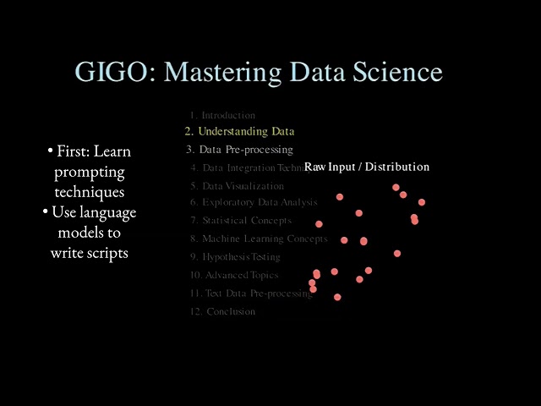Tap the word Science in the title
396,71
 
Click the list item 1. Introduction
222,114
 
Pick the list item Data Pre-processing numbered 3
239,150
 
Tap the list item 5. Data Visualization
237,185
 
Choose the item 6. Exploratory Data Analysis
254,202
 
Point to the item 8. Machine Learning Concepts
258,239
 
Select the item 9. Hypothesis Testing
235,256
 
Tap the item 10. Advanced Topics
233,275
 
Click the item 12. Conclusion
222,311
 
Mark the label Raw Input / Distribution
367,167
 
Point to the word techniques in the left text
90,192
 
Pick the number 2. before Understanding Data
189,131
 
